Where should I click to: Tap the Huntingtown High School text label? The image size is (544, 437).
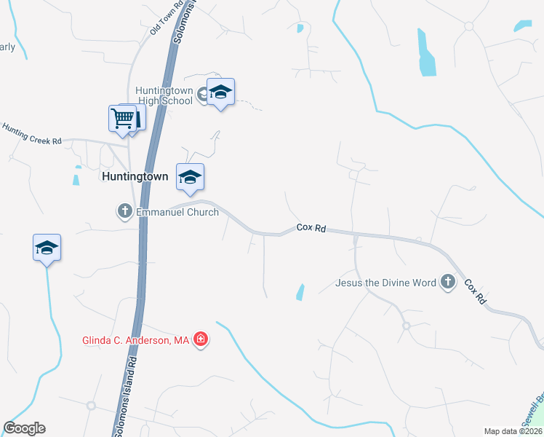point(164,95)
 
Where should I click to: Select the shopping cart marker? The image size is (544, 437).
point(122,117)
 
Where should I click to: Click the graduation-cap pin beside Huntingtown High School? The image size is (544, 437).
point(220,92)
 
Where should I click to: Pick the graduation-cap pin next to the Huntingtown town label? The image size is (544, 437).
point(190,177)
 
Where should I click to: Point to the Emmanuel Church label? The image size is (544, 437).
point(176,212)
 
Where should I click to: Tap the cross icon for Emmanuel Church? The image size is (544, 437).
point(124,212)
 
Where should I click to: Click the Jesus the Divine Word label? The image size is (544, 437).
point(385,282)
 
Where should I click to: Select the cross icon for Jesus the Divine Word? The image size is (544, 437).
point(447,282)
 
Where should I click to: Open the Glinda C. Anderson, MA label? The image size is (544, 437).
point(135,340)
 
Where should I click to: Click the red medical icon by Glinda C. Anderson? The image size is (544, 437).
point(201,340)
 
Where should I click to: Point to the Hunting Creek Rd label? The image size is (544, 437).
point(31,133)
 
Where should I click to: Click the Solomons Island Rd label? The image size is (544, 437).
point(124,393)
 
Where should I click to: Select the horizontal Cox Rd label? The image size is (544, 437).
point(311,229)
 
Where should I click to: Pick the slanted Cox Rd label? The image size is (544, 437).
point(474,292)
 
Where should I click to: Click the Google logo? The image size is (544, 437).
point(24,428)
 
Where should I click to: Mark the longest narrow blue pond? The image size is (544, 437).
point(426,55)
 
